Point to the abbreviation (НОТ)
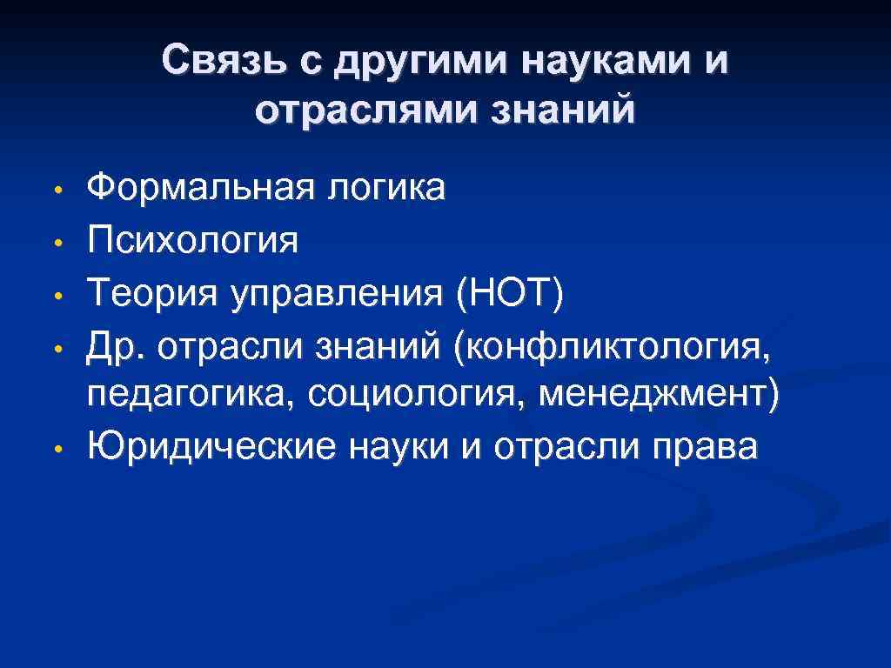(x=508, y=291)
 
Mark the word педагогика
(x=192, y=397)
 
